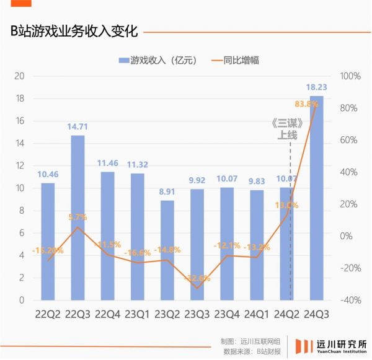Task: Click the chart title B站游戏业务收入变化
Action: tap(74, 31)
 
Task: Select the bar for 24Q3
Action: tap(316, 198)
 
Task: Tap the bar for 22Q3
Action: tap(77, 217)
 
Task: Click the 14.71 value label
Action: tap(77, 127)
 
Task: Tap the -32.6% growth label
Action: tap(197, 278)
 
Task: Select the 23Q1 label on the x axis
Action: tap(137, 315)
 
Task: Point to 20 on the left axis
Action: tap(20, 76)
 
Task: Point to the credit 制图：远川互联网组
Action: tap(251, 341)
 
